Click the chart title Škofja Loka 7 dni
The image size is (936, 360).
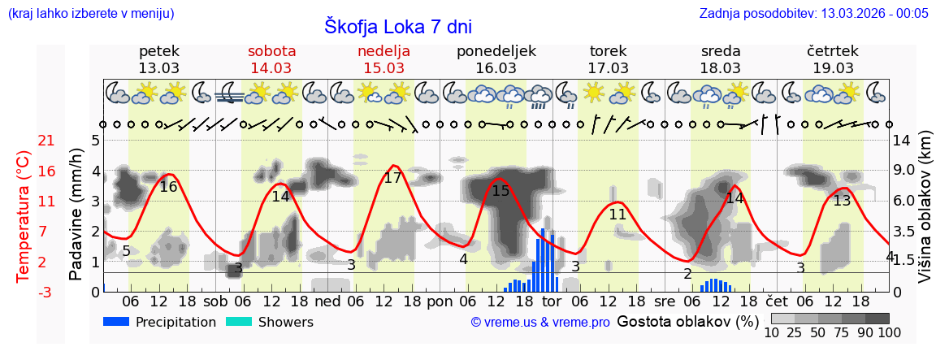(x=397, y=26)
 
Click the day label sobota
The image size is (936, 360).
(x=271, y=51)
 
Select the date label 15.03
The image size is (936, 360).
(x=383, y=68)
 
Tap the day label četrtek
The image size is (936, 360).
(x=833, y=51)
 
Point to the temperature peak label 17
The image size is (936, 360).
(x=392, y=178)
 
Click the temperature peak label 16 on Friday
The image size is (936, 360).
(x=168, y=187)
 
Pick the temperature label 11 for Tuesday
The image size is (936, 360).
(x=617, y=215)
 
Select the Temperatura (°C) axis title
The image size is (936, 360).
(x=24, y=216)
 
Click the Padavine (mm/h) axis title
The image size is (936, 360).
(x=76, y=215)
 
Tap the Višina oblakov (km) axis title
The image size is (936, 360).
(x=924, y=216)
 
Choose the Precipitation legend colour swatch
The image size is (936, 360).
(x=116, y=322)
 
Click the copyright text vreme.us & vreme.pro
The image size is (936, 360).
(x=539, y=323)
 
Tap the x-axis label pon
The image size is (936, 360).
(x=440, y=301)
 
